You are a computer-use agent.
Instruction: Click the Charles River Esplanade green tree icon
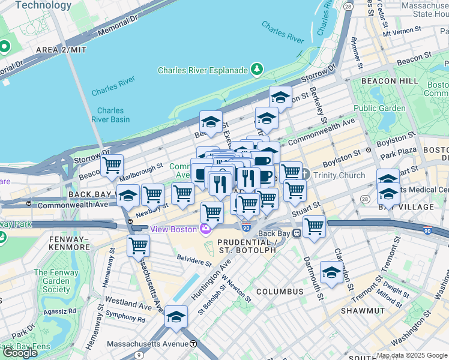click(258, 70)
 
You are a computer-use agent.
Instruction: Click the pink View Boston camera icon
click(206, 229)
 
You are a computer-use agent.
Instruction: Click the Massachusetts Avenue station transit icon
click(193, 344)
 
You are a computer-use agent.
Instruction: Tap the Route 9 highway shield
click(140, 355)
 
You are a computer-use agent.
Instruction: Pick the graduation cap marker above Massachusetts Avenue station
click(176, 316)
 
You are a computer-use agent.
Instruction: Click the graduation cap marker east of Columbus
click(331, 272)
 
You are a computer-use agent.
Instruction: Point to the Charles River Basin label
click(110, 115)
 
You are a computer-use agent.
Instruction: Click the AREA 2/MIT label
click(61, 50)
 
